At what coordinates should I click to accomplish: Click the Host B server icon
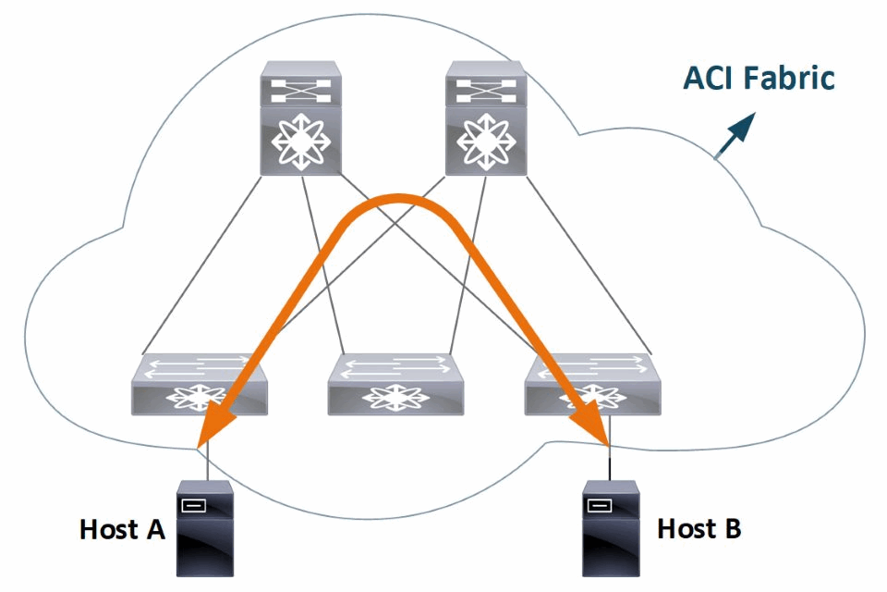click(x=613, y=528)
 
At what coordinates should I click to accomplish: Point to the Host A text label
click(x=122, y=530)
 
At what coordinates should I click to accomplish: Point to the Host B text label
click(x=699, y=529)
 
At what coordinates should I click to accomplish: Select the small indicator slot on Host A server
click(x=193, y=505)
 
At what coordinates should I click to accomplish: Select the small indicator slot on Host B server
click(x=598, y=505)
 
